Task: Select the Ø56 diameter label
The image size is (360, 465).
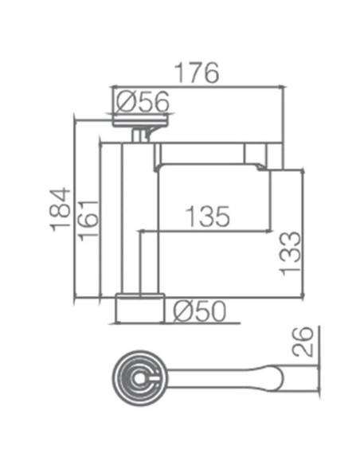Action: click(143, 101)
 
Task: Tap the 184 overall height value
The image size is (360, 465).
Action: click(61, 209)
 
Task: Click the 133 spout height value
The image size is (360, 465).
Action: click(291, 252)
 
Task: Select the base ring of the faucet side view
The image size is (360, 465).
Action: click(140, 308)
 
